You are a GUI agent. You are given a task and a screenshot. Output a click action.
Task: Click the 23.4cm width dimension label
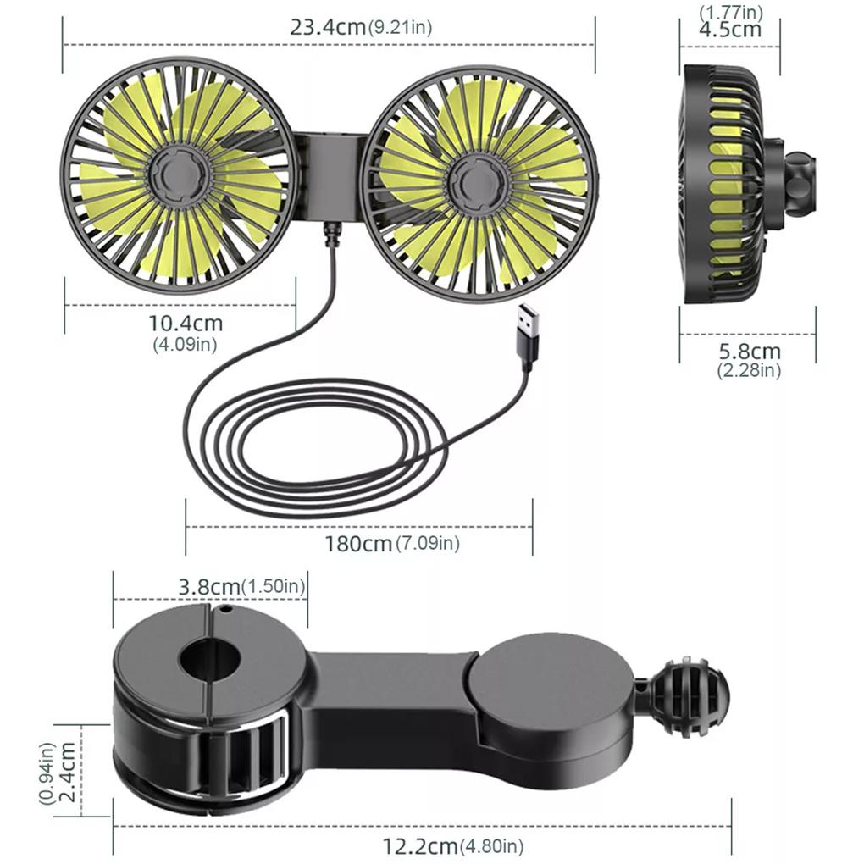329,26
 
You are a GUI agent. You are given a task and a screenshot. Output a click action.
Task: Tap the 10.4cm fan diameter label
186,323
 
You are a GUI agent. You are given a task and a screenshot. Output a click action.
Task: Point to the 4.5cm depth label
729,30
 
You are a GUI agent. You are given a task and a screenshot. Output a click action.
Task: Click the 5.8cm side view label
749,351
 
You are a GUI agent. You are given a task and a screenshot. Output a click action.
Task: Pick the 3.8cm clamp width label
208,585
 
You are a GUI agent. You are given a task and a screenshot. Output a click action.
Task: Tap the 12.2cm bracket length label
421,845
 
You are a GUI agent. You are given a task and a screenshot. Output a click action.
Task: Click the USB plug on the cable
531,335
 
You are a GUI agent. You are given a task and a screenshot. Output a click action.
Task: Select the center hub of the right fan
474,178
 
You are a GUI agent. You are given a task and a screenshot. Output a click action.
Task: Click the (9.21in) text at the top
400,27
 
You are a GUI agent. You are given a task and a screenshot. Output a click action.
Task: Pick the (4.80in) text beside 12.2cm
491,845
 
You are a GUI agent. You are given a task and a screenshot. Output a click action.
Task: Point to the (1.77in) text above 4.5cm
729,12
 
